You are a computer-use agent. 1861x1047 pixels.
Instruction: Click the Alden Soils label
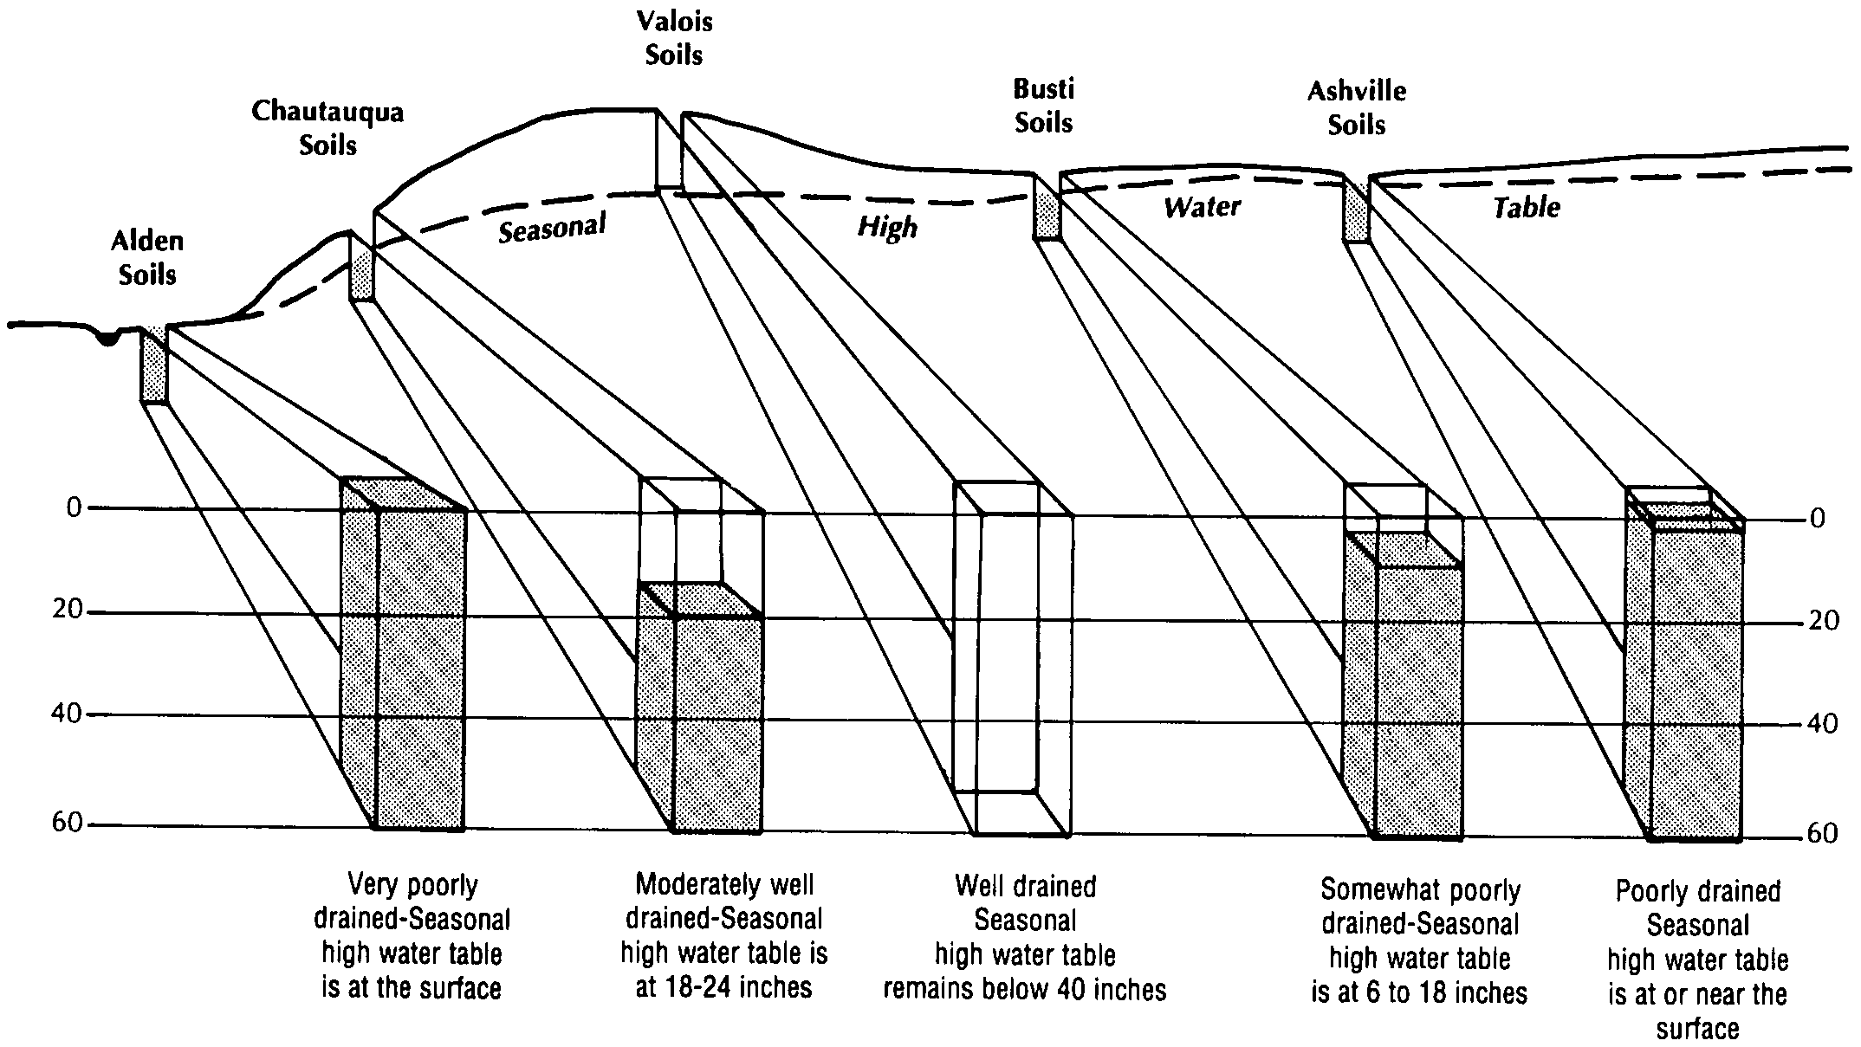[147, 258]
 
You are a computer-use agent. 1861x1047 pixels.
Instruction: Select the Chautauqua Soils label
[327, 128]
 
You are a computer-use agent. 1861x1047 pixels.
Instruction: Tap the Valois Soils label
[674, 38]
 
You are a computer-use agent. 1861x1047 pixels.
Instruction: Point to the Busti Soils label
[1043, 106]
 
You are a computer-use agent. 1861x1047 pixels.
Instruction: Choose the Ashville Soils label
[1357, 108]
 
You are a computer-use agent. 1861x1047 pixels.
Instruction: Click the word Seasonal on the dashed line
[552, 229]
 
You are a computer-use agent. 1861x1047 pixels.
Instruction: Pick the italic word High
[887, 227]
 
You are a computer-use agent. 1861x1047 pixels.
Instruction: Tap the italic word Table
[1527, 207]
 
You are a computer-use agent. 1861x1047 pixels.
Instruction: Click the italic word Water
[1202, 206]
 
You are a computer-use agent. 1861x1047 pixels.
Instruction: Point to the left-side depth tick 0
[74, 507]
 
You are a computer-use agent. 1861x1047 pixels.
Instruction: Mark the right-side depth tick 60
[1823, 833]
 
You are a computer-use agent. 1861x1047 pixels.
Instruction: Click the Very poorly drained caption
[412, 936]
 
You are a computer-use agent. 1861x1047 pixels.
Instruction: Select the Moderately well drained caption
[724, 935]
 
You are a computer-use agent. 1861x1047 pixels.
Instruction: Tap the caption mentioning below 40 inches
[1025, 937]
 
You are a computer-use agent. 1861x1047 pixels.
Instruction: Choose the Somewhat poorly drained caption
[1420, 940]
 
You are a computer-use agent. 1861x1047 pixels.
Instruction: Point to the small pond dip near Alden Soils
[107, 338]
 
